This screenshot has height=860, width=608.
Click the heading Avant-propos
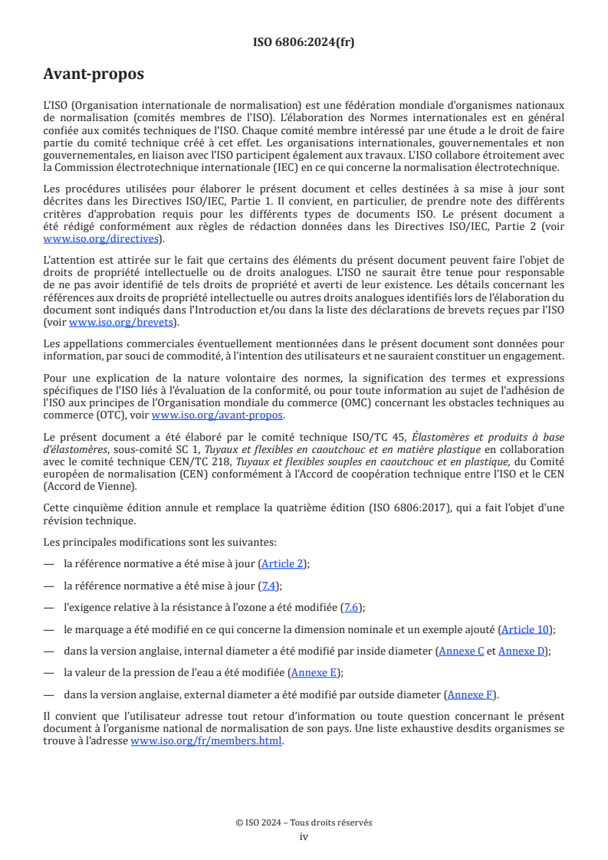click(x=94, y=74)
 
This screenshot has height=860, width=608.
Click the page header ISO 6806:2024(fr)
click(x=304, y=43)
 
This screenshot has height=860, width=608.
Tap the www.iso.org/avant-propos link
click(x=217, y=415)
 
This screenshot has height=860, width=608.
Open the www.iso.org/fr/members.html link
click(x=206, y=741)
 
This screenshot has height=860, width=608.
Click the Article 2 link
click(x=282, y=563)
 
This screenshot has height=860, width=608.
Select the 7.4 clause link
click(x=270, y=586)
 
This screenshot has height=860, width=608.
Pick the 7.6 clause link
click(x=352, y=607)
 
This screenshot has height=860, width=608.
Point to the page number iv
click(x=304, y=836)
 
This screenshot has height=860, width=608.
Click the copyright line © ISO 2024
click(x=304, y=822)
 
